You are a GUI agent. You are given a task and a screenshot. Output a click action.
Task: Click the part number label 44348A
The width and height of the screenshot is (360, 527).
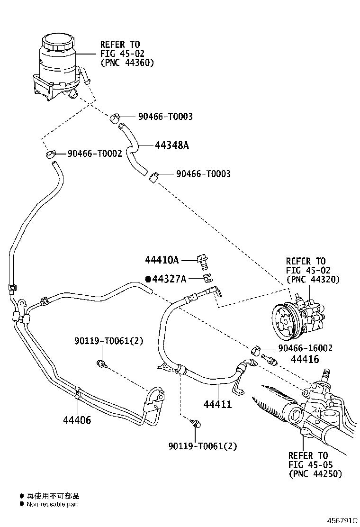pyautogui.click(x=171, y=145)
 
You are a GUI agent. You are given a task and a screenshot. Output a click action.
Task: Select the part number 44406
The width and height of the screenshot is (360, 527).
pyautogui.click(x=77, y=420)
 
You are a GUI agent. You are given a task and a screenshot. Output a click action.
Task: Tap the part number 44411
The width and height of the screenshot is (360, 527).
pyautogui.click(x=217, y=404)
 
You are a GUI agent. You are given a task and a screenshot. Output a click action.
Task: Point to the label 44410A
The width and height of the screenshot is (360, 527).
pyautogui.click(x=162, y=260)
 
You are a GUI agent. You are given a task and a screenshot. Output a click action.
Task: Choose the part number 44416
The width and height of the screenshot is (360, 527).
pyautogui.click(x=292, y=360)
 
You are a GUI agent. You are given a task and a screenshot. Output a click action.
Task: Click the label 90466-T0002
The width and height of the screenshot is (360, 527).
pyautogui.click(x=95, y=154)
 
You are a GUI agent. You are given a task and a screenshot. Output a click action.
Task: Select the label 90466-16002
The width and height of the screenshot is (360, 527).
pyautogui.click(x=305, y=348)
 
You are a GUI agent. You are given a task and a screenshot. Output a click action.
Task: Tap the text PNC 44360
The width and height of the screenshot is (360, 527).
pyautogui.click(x=127, y=62)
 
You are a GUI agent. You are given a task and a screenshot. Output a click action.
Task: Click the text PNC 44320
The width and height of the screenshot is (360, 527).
pyautogui.click(x=313, y=279)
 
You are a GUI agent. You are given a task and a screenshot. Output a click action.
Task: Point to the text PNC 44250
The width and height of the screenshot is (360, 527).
pyautogui.click(x=315, y=473)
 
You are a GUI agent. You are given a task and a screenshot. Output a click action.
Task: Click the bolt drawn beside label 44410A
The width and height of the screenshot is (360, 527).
pyautogui.click(x=204, y=260)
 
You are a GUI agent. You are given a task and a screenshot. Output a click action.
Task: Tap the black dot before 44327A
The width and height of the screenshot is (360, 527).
pyautogui.click(x=148, y=279)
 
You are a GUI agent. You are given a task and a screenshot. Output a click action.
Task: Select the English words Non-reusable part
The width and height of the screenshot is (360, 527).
pyautogui.click(x=53, y=504)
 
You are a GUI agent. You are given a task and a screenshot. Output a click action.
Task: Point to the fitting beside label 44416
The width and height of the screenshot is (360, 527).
pyautogui.click(x=268, y=359)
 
